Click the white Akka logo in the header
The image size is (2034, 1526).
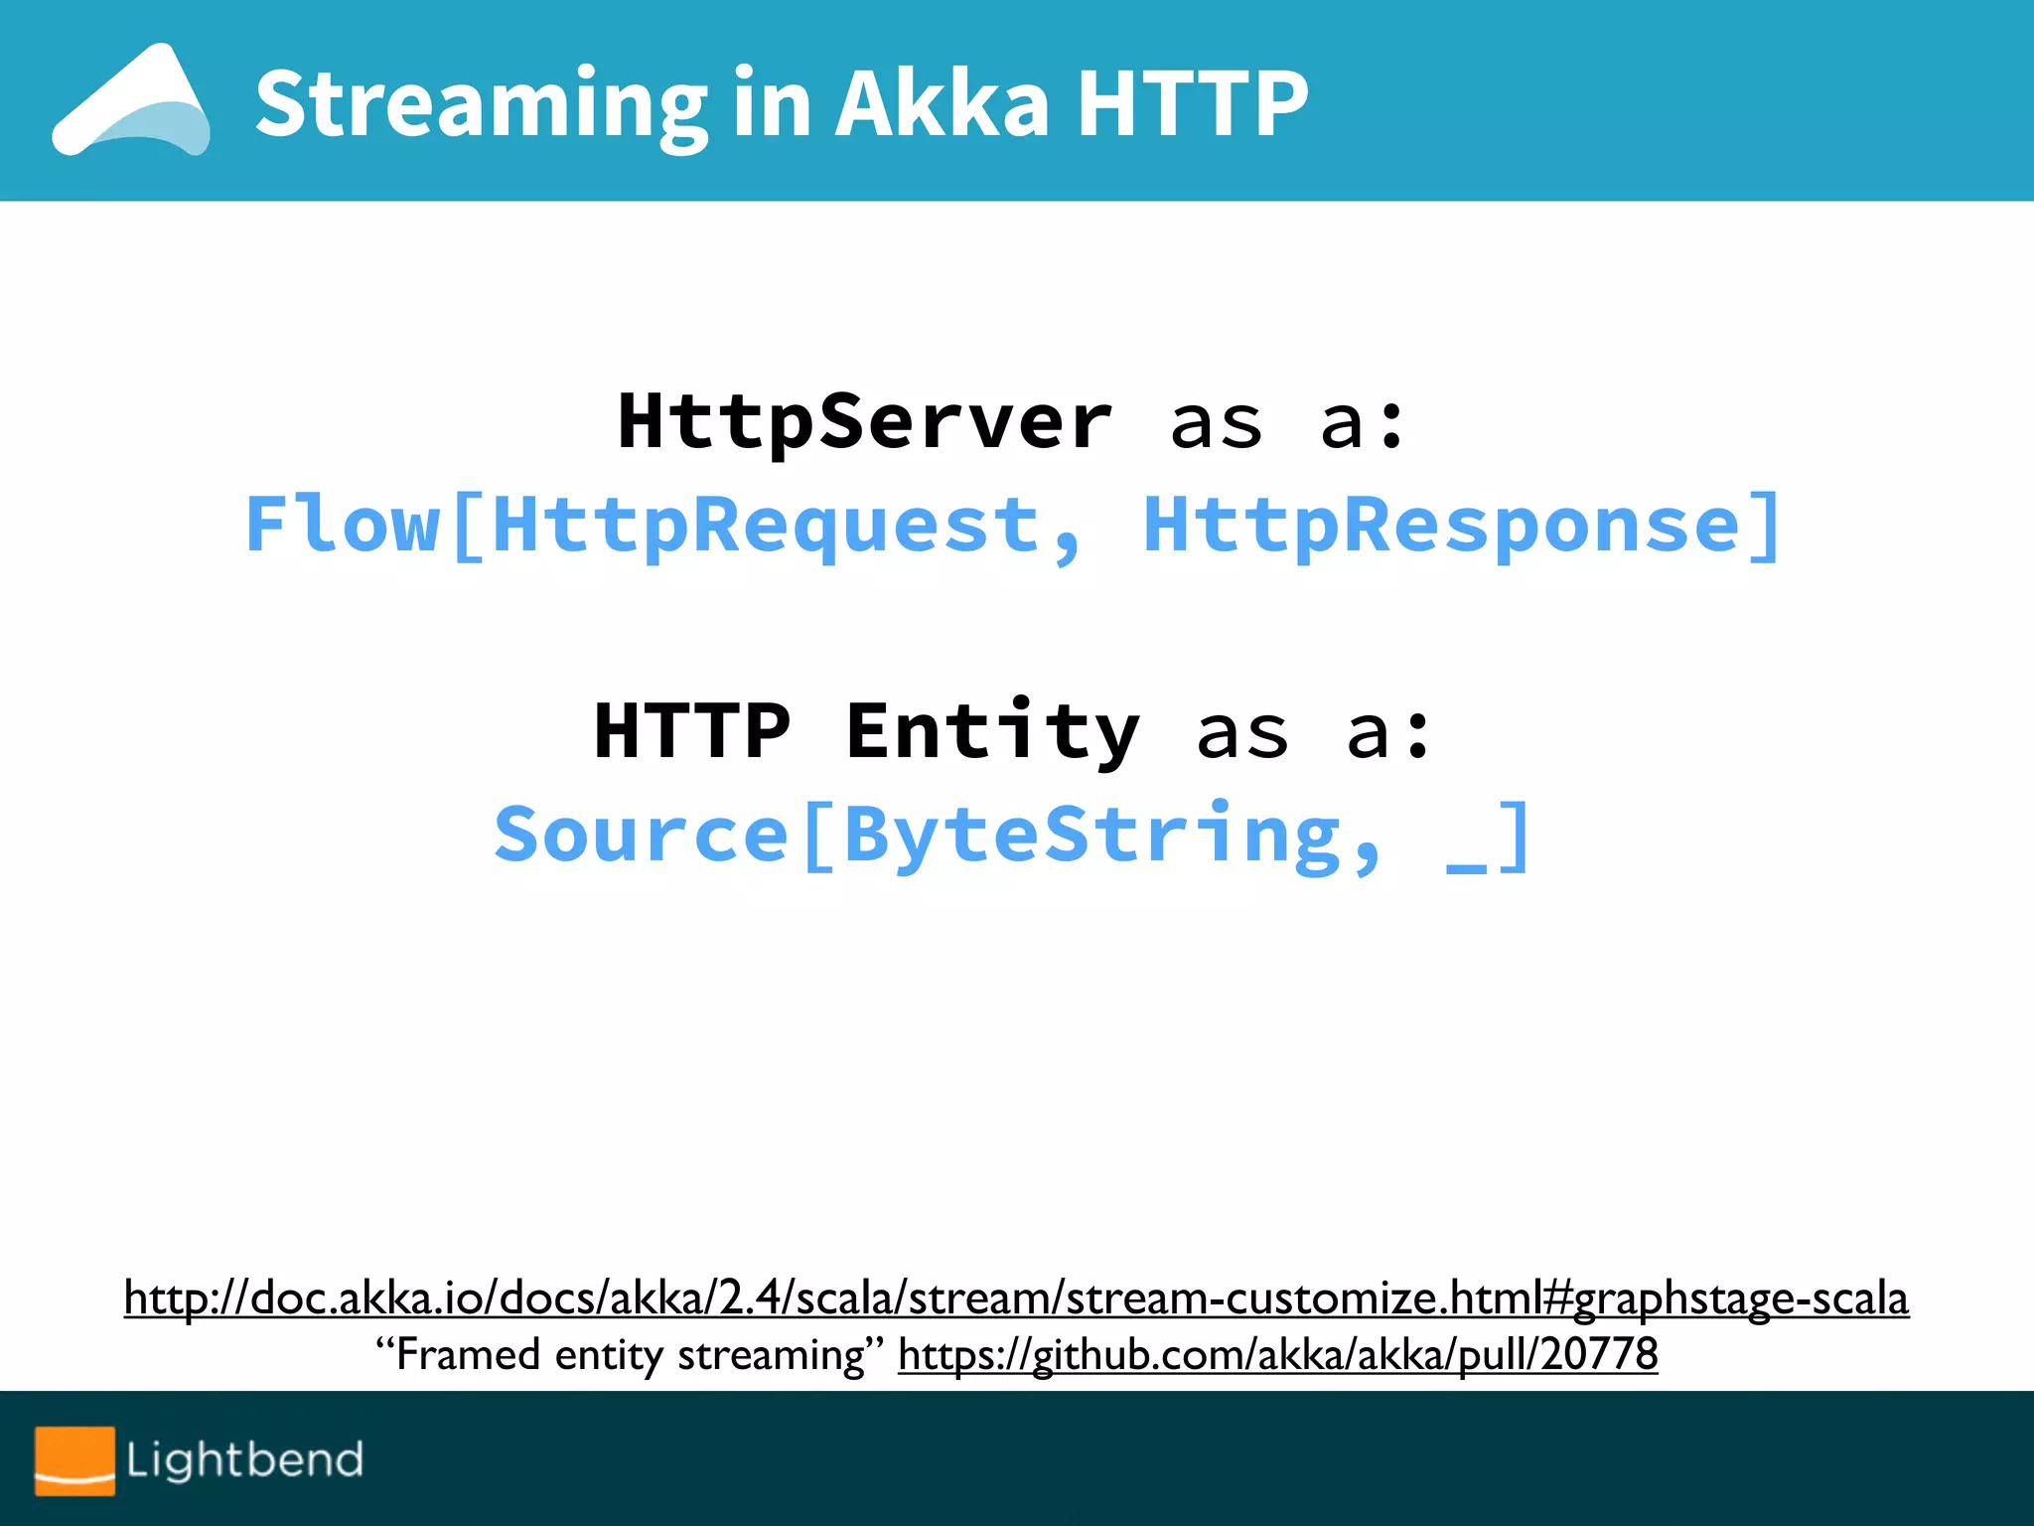[x=131, y=101]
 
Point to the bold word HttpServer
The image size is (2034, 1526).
[x=864, y=422]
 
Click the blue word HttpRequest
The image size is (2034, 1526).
[x=765, y=526]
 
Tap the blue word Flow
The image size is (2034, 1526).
[x=343, y=526]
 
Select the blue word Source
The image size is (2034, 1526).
[x=642, y=836]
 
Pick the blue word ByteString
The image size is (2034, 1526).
[x=1092, y=836]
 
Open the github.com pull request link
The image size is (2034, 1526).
[x=1277, y=1355]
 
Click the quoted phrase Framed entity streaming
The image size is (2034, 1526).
[x=630, y=1355]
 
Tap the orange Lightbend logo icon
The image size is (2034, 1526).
[x=74, y=1460]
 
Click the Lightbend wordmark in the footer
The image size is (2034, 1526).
[x=244, y=1460]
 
